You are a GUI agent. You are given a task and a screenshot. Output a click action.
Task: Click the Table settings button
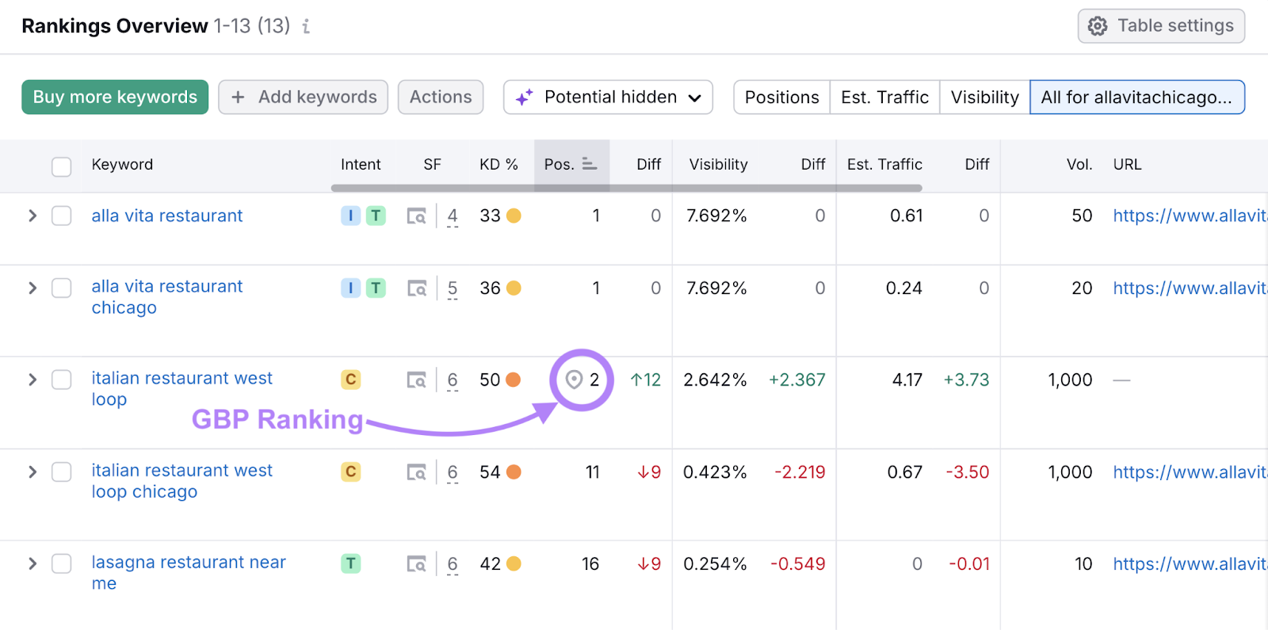pyautogui.click(x=1161, y=26)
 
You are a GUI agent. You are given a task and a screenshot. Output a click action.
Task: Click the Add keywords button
pyautogui.click(x=303, y=97)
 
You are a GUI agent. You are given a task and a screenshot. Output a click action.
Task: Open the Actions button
pyautogui.click(x=441, y=97)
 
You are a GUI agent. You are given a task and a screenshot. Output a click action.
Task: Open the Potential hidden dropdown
pyautogui.click(x=608, y=97)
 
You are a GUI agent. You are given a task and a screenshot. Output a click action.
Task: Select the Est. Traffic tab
pyautogui.click(x=884, y=97)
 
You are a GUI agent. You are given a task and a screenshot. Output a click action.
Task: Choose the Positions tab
pyautogui.click(x=781, y=97)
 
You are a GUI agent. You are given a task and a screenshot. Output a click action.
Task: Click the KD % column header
pyautogui.click(x=498, y=164)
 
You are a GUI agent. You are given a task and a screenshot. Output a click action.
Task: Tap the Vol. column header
pyautogui.click(x=1079, y=164)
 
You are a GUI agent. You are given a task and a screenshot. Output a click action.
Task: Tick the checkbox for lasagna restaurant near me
pyautogui.click(x=62, y=563)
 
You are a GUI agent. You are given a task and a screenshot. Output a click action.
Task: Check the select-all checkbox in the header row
pyautogui.click(x=62, y=166)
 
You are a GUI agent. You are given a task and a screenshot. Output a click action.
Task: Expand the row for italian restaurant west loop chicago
pyautogui.click(x=32, y=472)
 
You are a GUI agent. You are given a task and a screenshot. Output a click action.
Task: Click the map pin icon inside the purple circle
pyautogui.click(x=574, y=380)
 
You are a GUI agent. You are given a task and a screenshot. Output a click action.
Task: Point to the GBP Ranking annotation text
pyautogui.click(x=277, y=419)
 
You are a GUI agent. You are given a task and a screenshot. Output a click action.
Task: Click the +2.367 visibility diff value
pyautogui.click(x=796, y=380)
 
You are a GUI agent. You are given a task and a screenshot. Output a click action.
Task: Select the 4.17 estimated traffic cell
pyautogui.click(x=907, y=380)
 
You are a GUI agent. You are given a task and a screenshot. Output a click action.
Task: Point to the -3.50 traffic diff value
pyautogui.click(x=967, y=472)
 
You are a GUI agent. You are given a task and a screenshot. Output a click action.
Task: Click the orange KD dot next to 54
pyautogui.click(x=514, y=472)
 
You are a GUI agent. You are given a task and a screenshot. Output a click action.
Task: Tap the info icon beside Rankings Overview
pyautogui.click(x=306, y=26)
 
